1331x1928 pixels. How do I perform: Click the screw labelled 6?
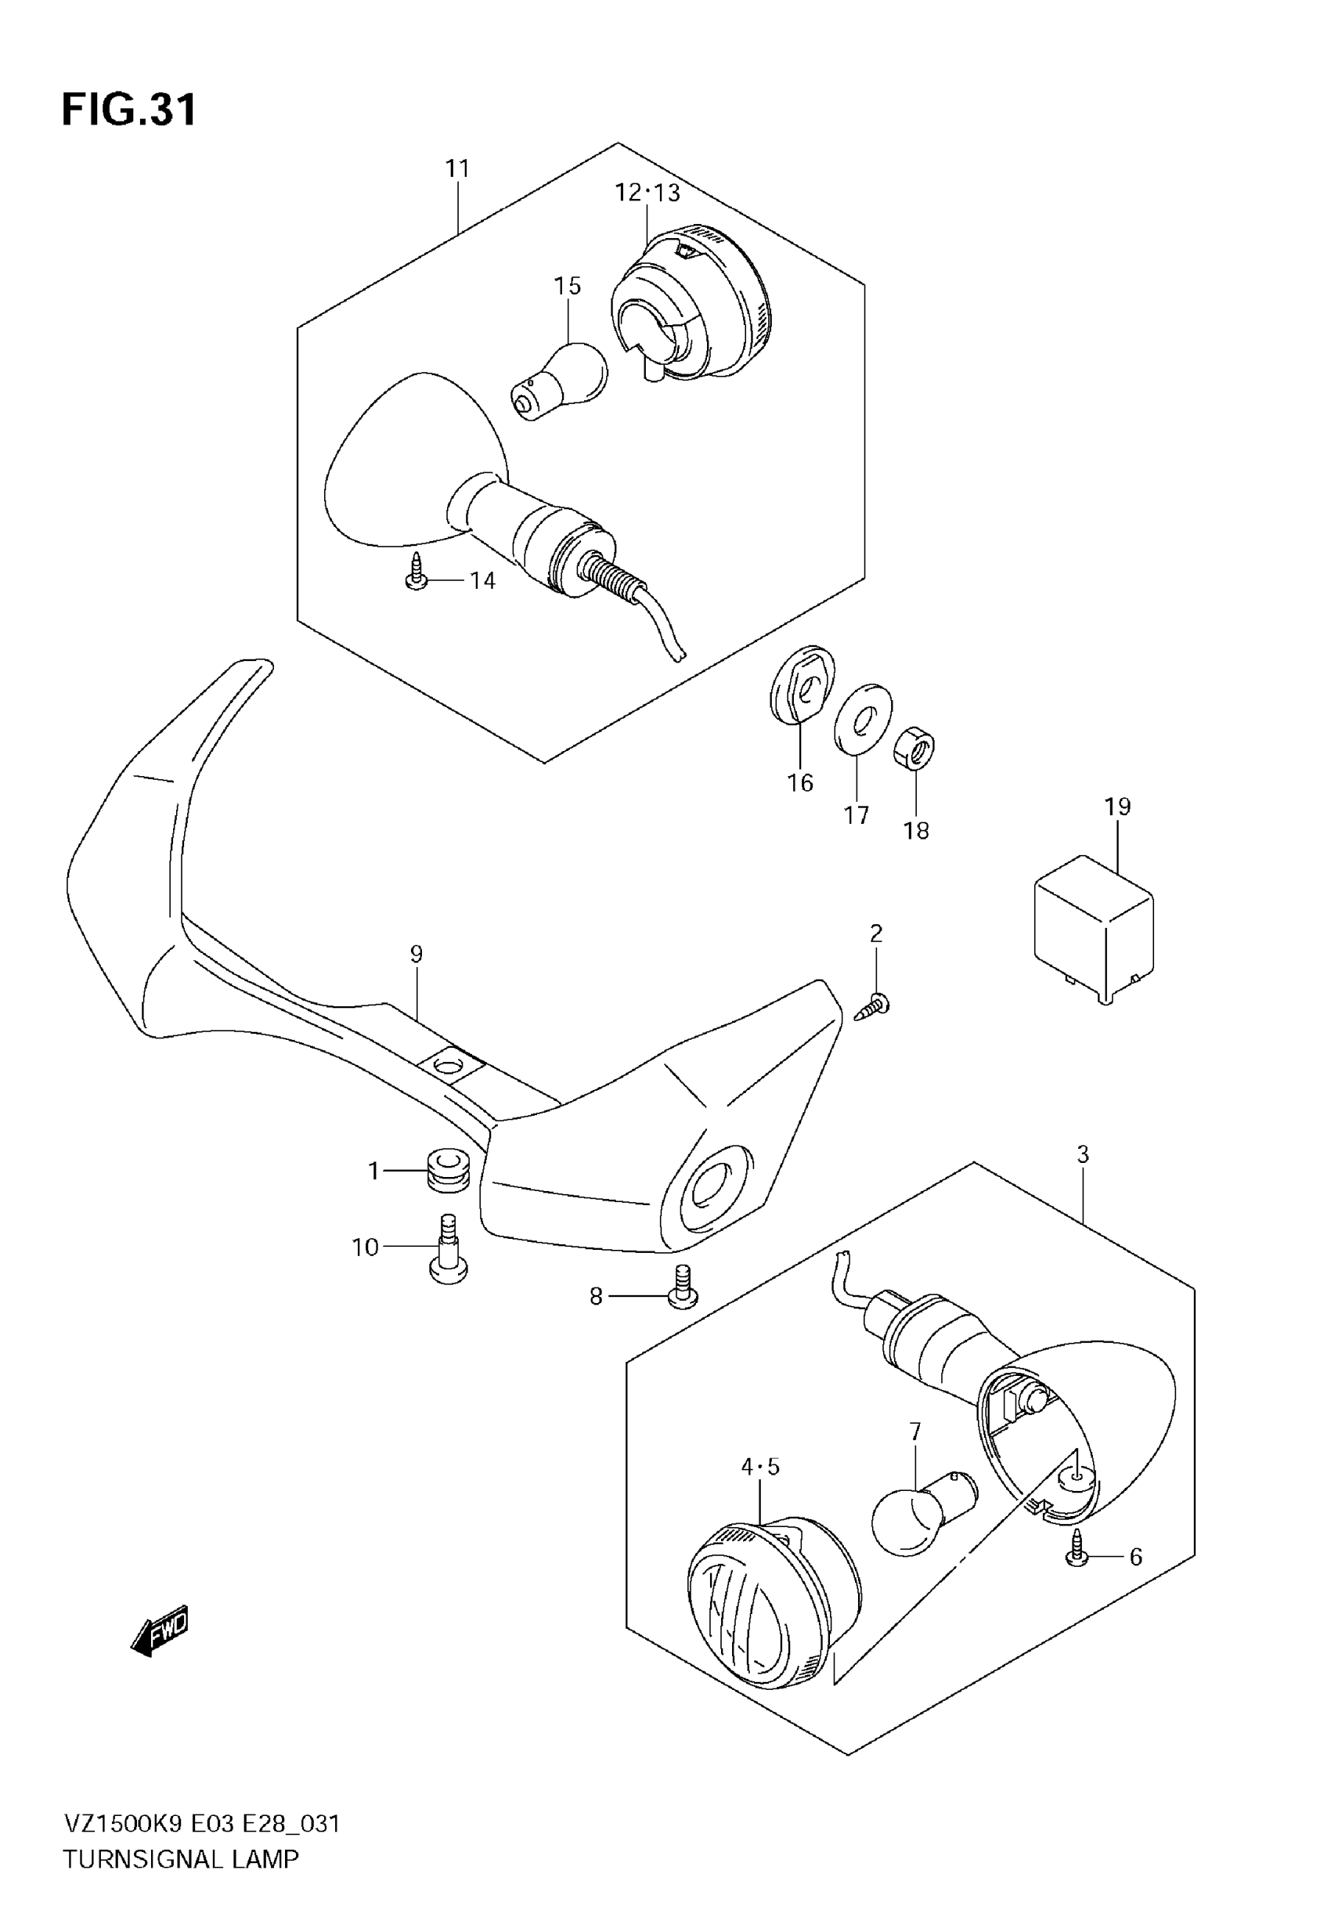click(x=1077, y=1551)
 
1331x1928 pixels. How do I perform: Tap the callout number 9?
click(x=417, y=954)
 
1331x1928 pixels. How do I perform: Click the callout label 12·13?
click(x=647, y=193)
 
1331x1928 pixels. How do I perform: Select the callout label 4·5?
click(x=759, y=1466)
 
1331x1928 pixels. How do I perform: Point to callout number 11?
click(x=457, y=168)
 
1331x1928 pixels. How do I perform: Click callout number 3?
click(x=1083, y=1154)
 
